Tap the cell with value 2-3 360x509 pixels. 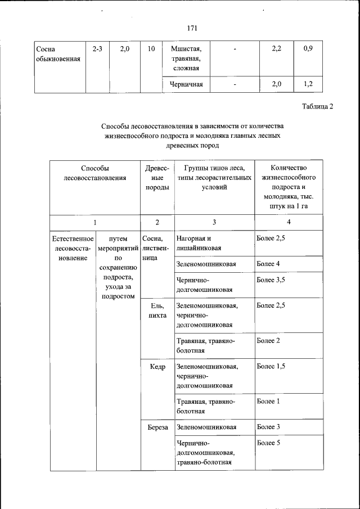click(97, 49)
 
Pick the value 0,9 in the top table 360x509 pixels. click(308, 49)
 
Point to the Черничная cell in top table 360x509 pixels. click(186, 84)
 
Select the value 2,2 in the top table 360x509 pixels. click(276, 49)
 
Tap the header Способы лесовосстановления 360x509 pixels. click(94, 173)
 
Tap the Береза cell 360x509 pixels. click(158, 427)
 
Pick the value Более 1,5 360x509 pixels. click(271, 367)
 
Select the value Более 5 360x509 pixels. click(268, 443)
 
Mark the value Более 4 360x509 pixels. click(268, 264)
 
